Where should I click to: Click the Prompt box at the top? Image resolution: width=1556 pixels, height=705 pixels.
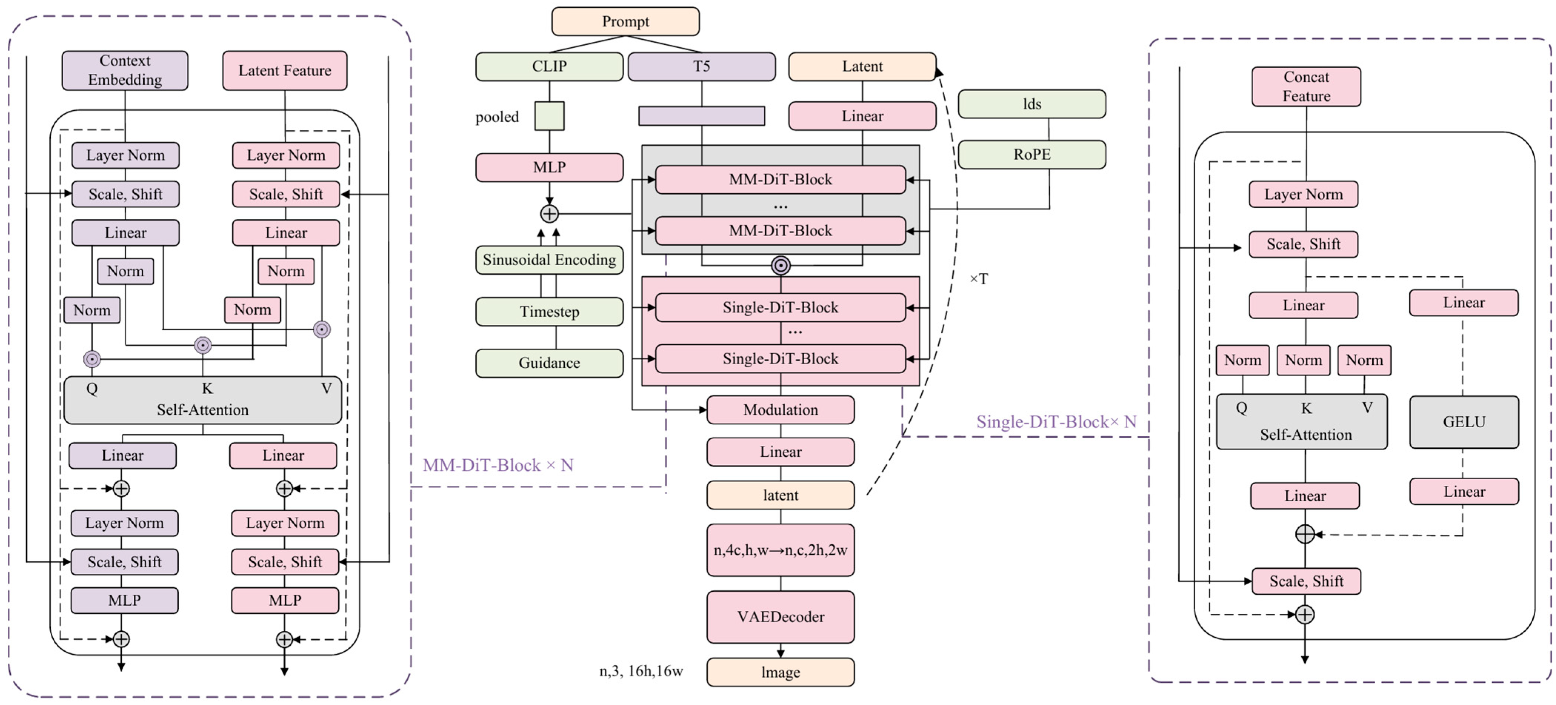coord(625,22)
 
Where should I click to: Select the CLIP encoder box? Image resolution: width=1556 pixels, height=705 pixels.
coord(549,66)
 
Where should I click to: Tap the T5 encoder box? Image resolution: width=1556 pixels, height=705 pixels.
coord(701,66)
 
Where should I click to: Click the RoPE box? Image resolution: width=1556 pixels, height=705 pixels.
coord(1032,155)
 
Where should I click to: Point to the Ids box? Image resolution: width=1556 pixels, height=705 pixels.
coord(1032,104)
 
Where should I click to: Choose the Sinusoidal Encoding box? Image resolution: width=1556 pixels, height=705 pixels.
coord(549,260)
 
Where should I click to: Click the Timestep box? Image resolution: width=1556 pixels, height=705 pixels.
coord(549,312)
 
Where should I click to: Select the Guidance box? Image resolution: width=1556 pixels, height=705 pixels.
coord(549,363)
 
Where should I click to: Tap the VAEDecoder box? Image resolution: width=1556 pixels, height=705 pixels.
coord(781,617)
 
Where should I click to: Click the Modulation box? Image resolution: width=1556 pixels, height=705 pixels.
coord(781,410)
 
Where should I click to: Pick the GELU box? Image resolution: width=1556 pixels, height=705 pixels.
coord(1463,422)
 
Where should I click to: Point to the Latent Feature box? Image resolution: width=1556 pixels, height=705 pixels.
coord(284,71)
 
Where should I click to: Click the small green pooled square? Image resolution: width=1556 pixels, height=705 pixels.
coord(549,116)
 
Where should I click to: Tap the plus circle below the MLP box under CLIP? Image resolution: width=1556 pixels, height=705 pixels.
coord(549,214)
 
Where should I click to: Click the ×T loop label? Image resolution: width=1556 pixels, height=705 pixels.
coord(979,279)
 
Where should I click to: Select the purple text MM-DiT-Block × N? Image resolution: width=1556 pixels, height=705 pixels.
coord(498,465)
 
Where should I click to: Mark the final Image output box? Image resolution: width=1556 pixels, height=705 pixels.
coord(781,672)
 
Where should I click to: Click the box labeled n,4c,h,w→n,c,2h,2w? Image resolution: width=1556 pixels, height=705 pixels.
coord(781,550)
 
